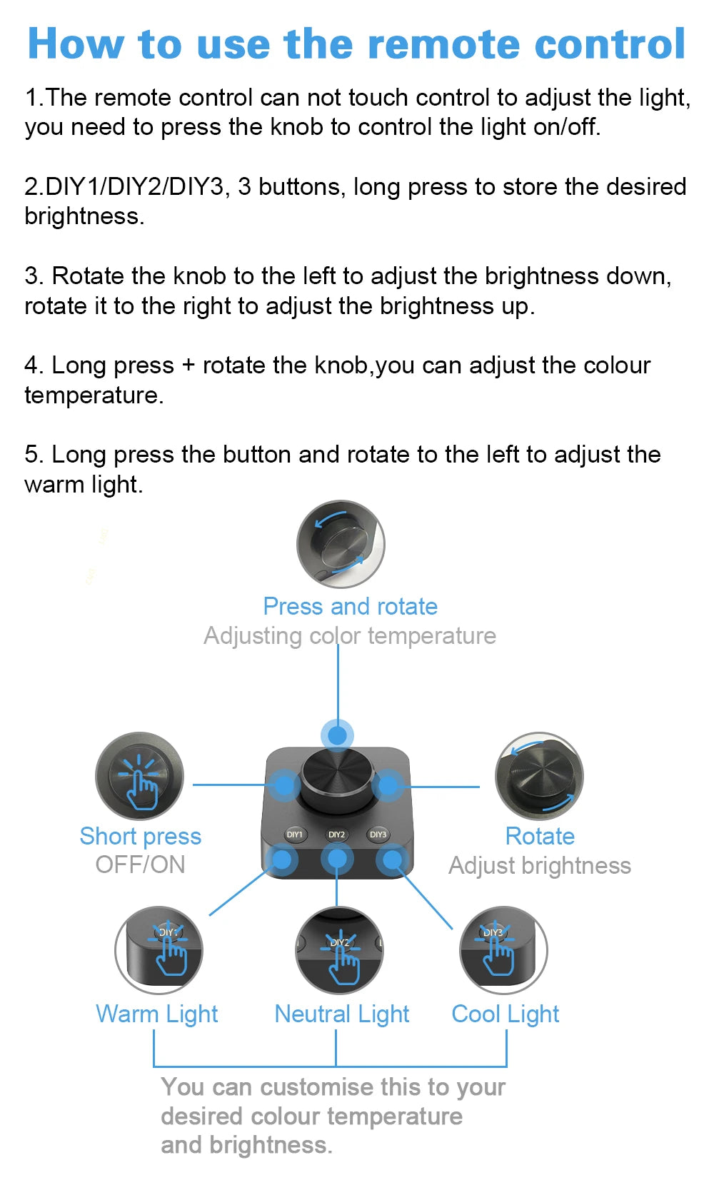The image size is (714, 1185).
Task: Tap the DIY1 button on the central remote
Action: point(294,834)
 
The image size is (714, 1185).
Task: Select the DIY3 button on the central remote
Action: point(378,834)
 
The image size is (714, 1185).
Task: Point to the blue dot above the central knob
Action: point(337,735)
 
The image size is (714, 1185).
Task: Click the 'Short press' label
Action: point(140,837)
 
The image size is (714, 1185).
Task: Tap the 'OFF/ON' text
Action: point(140,865)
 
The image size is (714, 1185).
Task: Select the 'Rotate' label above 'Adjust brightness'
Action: point(540,837)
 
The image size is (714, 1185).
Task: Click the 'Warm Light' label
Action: point(156,1014)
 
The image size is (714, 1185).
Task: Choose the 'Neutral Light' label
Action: point(342,1014)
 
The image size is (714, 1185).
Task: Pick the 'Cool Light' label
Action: point(506,1014)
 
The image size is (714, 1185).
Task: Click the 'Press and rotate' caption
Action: point(351,607)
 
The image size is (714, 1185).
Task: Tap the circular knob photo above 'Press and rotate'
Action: point(341,545)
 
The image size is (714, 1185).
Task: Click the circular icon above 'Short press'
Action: point(140,776)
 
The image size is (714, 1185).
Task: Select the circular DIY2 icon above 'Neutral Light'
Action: point(339,951)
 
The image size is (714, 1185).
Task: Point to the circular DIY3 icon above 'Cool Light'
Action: point(503,951)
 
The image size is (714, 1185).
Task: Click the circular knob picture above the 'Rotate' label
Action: point(539,776)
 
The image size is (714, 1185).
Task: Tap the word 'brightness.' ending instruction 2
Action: point(84,216)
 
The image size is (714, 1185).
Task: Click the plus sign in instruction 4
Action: point(188,365)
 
